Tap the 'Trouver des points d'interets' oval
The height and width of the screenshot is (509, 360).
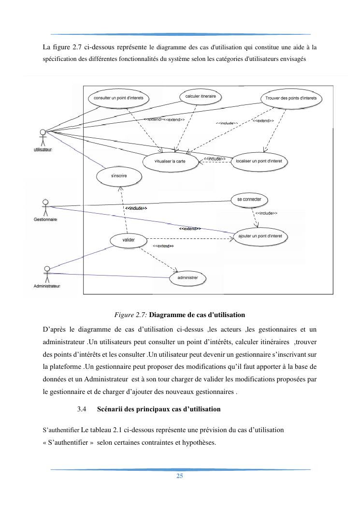[x=291, y=99]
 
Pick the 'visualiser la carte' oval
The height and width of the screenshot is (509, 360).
[x=170, y=161]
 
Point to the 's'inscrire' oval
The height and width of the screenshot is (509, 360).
[x=119, y=176]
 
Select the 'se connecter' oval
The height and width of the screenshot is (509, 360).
[x=249, y=199]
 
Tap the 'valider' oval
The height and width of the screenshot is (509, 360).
[x=129, y=239]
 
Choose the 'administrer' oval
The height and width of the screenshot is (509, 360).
[x=187, y=278]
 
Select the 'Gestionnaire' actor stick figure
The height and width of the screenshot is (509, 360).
[x=45, y=207]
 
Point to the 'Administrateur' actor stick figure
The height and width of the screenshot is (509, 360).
[x=47, y=273]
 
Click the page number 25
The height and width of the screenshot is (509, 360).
[x=180, y=476]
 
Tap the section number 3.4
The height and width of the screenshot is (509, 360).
[x=81, y=409]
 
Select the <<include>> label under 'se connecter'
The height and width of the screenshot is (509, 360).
[x=266, y=213]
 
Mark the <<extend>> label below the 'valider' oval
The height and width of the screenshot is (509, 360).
[x=163, y=246]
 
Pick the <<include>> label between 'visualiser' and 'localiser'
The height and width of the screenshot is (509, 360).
[x=215, y=159]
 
